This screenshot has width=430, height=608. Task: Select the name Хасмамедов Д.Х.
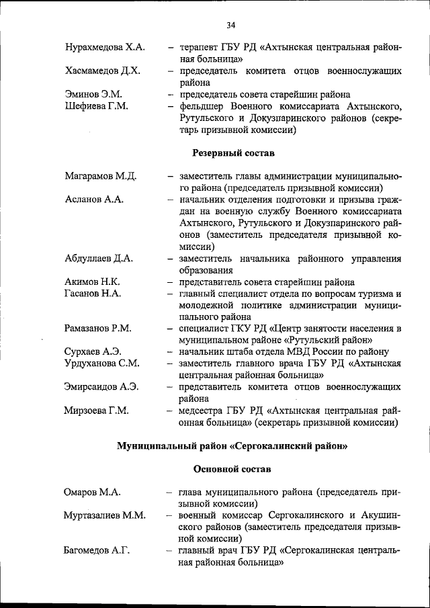tap(103, 71)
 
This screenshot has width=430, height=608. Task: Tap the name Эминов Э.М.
tap(93, 95)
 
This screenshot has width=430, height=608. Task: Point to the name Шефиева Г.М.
tap(97, 106)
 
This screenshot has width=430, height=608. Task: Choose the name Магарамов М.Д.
tap(101, 177)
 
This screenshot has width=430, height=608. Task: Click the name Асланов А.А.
tap(94, 200)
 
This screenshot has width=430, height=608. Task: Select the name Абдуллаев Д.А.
tap(99, 259)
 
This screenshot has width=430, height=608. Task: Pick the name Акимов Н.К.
tap(93, 282)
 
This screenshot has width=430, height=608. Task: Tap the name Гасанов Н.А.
tap(93, 294)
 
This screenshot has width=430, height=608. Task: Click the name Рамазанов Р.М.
tap(98, 329)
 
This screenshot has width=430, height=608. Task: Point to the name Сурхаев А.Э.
tap(93, 352)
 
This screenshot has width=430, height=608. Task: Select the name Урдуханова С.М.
tap(102, 363)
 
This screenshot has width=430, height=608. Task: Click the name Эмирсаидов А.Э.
tap(102, 387)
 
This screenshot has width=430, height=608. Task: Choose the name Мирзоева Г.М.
tap(97, 410)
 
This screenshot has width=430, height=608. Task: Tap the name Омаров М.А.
tap(93, 492)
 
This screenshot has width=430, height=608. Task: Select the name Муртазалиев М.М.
tap(105, 515)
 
